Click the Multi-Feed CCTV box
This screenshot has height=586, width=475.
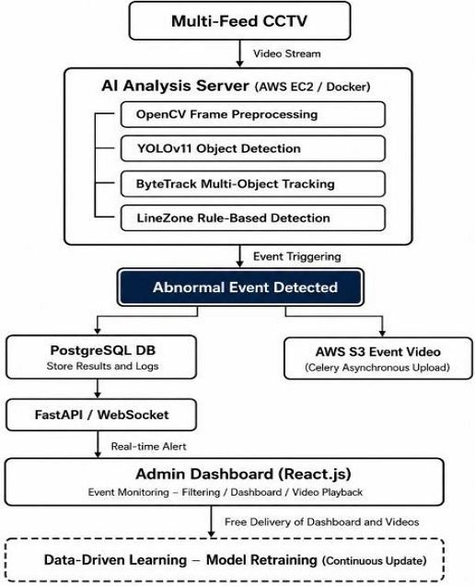point(239,20)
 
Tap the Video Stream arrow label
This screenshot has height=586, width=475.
point(287,53)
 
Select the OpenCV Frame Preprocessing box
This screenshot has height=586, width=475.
point(253,114)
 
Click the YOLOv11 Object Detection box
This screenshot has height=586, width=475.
point(253,148)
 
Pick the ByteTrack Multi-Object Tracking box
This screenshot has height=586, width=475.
point(253,184)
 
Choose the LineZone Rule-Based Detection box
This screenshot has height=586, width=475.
point(253,217)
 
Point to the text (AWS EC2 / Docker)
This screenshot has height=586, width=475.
point(313,87)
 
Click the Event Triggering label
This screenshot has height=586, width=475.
point(296,257)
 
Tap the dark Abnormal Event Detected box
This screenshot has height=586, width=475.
point(240,287)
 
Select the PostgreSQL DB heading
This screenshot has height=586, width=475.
point(103,350)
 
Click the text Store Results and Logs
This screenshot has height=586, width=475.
point(102,366)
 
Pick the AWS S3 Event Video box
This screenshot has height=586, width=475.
point(378,358)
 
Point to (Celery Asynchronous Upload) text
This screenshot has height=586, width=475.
point(377,368)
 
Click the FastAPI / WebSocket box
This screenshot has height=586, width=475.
point(101,415)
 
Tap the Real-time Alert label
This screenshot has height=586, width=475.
point(148,446)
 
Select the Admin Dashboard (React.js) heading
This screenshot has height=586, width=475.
point(243,474)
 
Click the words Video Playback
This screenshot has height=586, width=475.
point(327,492)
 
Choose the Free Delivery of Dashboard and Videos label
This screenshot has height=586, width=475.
point(321,522)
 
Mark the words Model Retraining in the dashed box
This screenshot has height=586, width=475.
point(261,560)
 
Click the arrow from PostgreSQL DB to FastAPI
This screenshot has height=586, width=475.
point(98,389)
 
